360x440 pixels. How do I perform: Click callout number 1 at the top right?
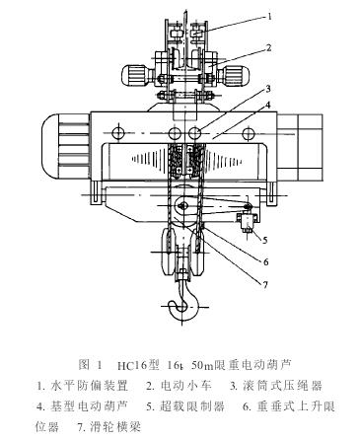pyautogui.click(x=267, y=15)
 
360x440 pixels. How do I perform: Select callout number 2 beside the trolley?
pyautogui.click(x=267, y=45)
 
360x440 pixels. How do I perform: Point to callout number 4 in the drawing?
pyautogui.click(x=267, y=104)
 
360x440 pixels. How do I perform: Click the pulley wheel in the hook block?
pyautogui.click(x=185, y=206)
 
